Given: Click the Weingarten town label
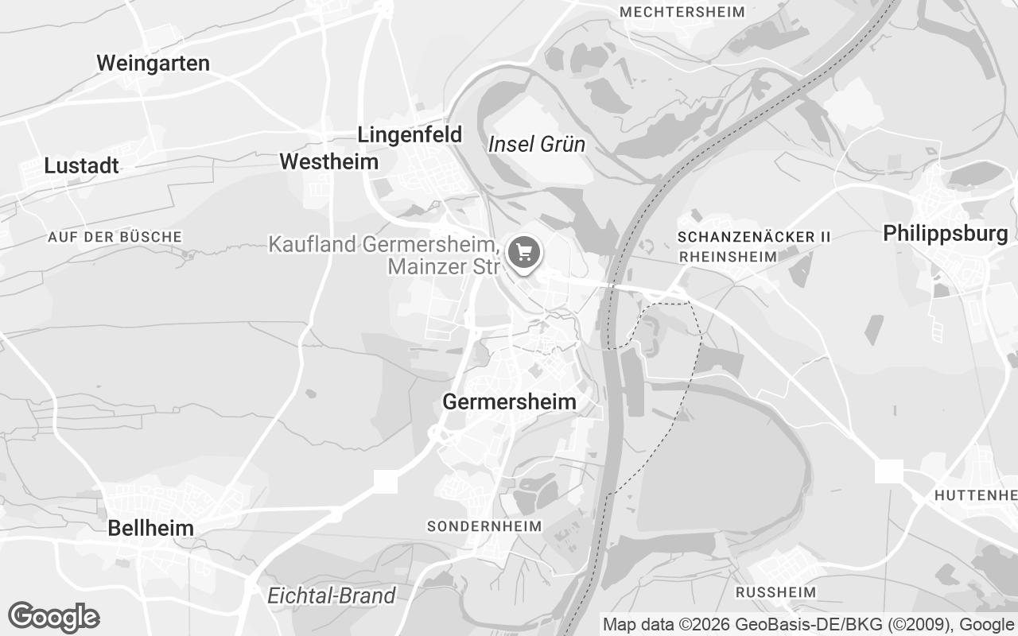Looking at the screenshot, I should pos(153,64).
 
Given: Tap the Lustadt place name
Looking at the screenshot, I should pos(81,166).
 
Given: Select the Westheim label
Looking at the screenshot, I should pos(328,162).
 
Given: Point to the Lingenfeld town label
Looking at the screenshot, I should pos(410,135).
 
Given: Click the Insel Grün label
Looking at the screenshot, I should pos(536,145).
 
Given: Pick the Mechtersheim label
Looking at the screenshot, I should pos(682,12).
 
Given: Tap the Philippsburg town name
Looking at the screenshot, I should pos(945,234).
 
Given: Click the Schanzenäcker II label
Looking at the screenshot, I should pos(754,237).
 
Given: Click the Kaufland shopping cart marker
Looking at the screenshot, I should pos(524,254).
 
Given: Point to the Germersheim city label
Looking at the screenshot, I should pos(509,401).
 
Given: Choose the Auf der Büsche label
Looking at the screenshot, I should pos(115,237).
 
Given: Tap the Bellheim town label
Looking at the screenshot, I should pos(150,528).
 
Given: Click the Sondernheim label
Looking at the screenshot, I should pos(484,526).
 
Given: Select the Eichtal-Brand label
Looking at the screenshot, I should pos(331,595).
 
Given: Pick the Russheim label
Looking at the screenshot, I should pos(775,592).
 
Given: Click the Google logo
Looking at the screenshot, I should pos(53,617).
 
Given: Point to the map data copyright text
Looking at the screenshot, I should pos(807,625).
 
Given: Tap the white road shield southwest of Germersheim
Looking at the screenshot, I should pos(386,481).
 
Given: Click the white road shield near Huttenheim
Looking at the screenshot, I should pos(888,471).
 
